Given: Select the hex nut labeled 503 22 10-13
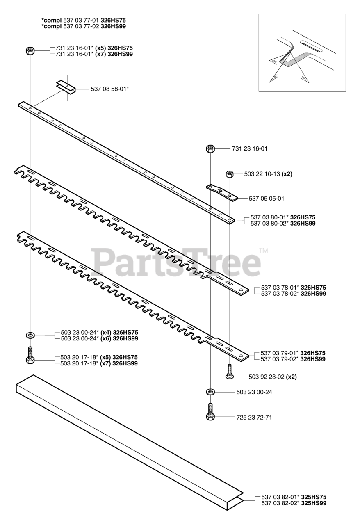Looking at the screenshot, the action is [230, 174].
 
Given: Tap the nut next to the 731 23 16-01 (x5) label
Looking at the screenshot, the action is [30, 51].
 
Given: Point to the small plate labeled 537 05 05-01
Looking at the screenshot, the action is [222, 192].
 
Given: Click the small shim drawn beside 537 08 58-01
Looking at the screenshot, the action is [66, 87].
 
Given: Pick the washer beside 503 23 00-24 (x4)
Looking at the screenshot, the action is [30, 336].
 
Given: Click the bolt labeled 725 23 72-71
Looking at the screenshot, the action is [210, 411].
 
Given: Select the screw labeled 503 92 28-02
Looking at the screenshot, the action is [230, 372].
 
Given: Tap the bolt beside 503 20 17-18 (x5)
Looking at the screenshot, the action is [30, 355].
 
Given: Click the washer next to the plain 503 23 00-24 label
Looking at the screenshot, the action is [210, 392].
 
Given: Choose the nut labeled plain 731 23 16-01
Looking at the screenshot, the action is [210, 148].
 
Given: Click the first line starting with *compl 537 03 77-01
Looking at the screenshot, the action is [84, 20].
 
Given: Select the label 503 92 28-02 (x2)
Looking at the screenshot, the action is [273, 377].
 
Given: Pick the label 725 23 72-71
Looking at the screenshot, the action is [254, 417].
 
